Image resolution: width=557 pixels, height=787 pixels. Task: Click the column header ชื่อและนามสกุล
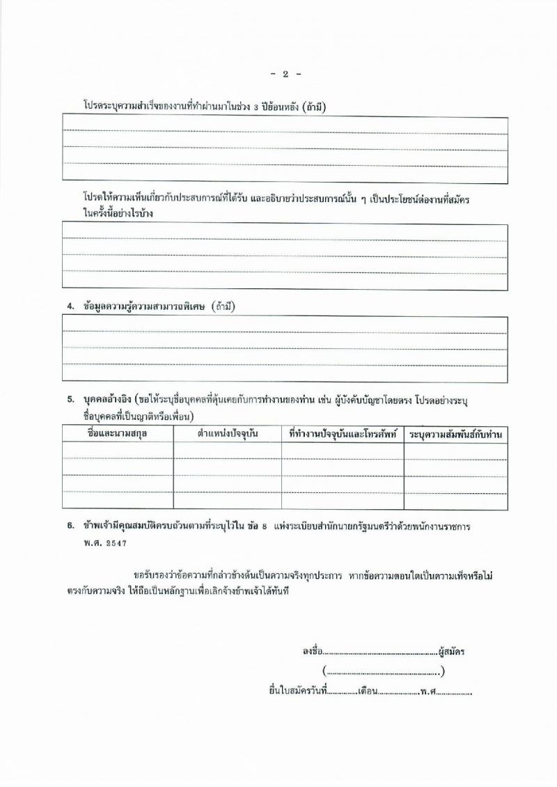click(117, 433)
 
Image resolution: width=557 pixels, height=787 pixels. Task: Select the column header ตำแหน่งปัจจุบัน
click(228, 433)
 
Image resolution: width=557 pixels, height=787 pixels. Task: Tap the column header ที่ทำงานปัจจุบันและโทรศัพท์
click(342, 433)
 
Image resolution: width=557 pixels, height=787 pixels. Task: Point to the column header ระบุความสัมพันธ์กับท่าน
click(455, 434)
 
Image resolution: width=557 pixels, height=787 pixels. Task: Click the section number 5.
click(70, 400)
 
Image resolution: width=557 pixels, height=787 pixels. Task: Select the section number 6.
click(70, 527)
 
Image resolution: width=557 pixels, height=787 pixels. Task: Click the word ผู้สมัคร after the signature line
click(452, 653)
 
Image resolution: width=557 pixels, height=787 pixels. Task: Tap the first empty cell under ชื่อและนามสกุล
click(117, 450)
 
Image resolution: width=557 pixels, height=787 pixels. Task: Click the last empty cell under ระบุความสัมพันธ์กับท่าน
click(455, 501)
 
